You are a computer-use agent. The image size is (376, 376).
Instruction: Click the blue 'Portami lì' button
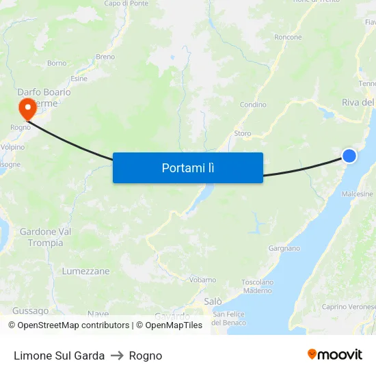(188, 167)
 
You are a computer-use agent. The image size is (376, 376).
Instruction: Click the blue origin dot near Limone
(349, 156)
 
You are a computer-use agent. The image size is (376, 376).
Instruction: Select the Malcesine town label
(358, 194)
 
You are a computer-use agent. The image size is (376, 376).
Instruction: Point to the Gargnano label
(284, 248)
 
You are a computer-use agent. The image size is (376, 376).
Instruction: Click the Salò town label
(213, 301)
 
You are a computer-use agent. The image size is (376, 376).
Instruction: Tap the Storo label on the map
(243, 133)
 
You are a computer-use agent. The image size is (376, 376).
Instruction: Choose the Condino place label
(253, 105)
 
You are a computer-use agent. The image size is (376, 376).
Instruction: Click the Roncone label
(288, 38)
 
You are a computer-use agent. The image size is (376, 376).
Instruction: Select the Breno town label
(106, 57)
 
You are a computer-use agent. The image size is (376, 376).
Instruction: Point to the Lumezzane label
(85, 271)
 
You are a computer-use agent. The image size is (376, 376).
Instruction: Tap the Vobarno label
(202, 280)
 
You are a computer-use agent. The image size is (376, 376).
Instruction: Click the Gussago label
(30, 310)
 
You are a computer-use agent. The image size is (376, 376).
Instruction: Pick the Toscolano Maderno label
(258, 286)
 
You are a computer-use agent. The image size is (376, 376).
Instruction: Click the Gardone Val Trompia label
(46, 237)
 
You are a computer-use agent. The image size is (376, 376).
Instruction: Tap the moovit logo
(334, 355)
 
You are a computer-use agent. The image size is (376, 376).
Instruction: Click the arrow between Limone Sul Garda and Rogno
(117, 355)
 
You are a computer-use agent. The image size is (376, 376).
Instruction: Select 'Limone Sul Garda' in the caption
(59, 355)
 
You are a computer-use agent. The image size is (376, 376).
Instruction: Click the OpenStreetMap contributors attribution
(69, 325)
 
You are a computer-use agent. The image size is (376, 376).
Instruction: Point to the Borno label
(57, 63)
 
